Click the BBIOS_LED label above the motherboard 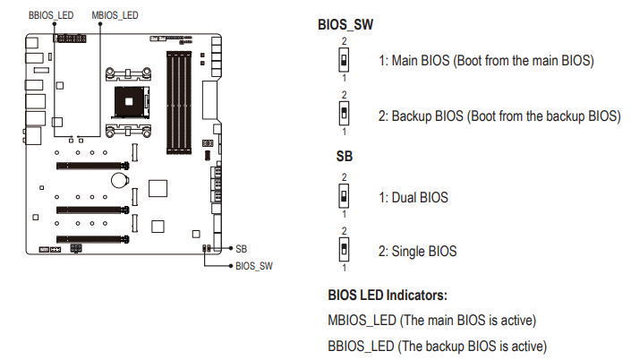[x=50, y=15]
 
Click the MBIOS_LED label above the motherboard [x=115, y=15]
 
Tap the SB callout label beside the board [x=241, y=248]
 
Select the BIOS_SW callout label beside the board [x=253, y=266]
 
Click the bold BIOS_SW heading [x=345, y=25]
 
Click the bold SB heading [x=344, y=156]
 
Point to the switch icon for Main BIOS [x=344, y=60]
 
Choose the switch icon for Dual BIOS [x=344, y=195]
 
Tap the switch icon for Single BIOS [x=344, y=248]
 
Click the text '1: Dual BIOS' [x=413, y=197]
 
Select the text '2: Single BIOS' [x=417, y=252]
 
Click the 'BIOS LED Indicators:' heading [x=388, y=294]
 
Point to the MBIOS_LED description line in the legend [x=432, y=320]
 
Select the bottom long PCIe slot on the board [x=90, y=239]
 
